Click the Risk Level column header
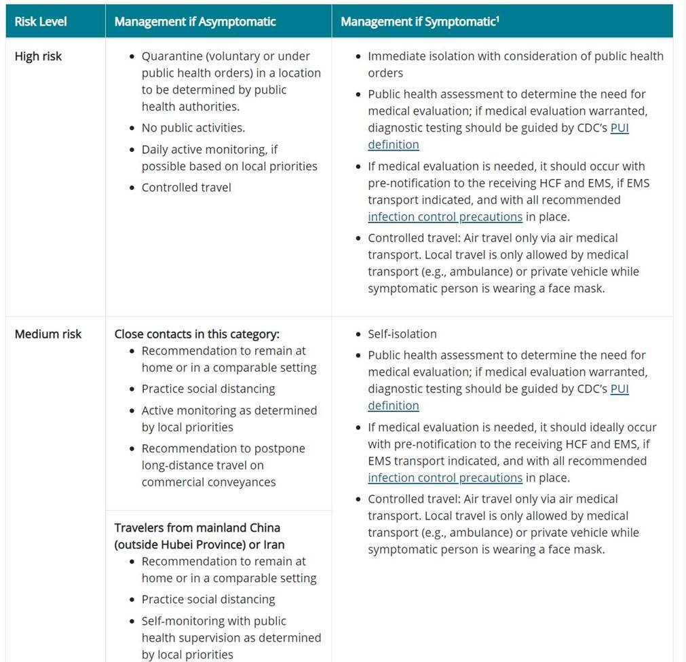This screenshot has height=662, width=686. click(41, 22)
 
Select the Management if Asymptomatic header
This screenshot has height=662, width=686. click(195, 22)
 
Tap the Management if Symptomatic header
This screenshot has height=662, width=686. click(419, 22)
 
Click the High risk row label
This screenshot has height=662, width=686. click(38, 56)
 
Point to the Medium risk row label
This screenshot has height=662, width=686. click(47, 334)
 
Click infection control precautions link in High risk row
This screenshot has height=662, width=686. click(445, 217)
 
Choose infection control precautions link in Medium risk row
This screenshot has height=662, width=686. click(445, 478)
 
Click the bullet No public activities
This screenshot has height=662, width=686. click(193, 128)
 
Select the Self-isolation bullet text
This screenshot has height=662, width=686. click(402, 334)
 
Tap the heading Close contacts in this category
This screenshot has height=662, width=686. click(197, 334)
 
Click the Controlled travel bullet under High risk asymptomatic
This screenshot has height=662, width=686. click(186, 187)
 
